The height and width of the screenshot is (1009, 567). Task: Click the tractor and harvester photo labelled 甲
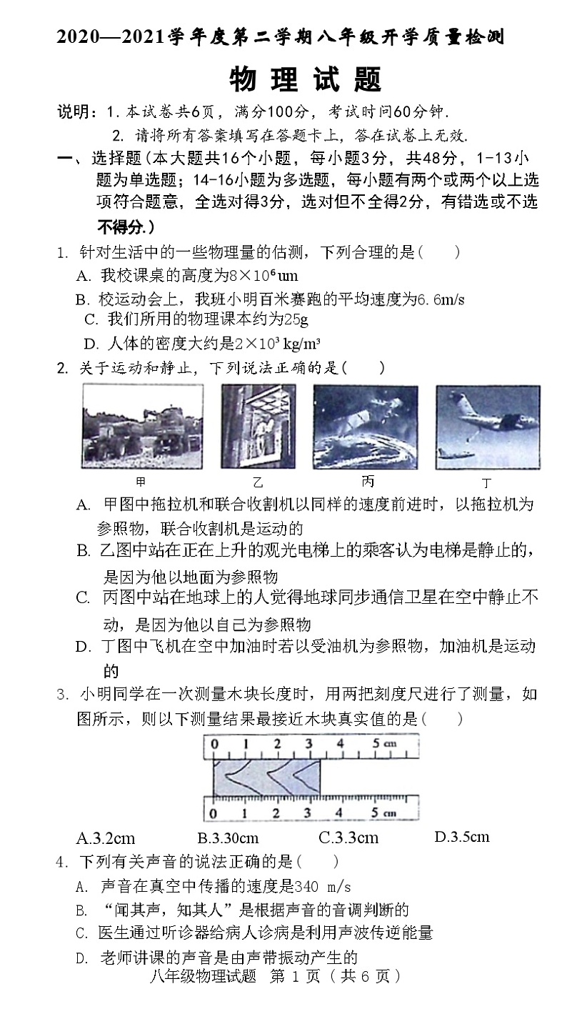coord(143,426)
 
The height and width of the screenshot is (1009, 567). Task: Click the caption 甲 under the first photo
coord(140,481)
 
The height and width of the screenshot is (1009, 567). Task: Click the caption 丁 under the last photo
coord(486,482)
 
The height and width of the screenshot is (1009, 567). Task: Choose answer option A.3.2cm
coord(106,837)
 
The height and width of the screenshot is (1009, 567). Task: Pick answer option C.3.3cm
coord(348,837)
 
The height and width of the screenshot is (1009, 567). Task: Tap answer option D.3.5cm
coord(461,836)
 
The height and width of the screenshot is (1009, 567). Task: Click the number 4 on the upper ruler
coord(340,743)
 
